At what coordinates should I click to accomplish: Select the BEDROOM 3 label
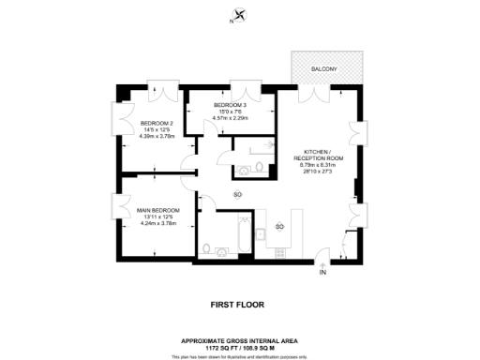pyautogui.click(x=230, y=104)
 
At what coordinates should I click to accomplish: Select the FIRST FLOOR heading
pyautogui.click(x=239, y=305)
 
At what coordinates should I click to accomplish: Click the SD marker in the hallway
pyautogui.click(x=237, y=194)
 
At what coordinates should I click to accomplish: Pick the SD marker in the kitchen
pyautogui.click(x=279, y=228)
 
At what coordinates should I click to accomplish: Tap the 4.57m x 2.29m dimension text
pyautogui.click(x=230, y=118)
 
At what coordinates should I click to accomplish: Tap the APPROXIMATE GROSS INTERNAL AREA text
pyautogui.click(x=239, y=340)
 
